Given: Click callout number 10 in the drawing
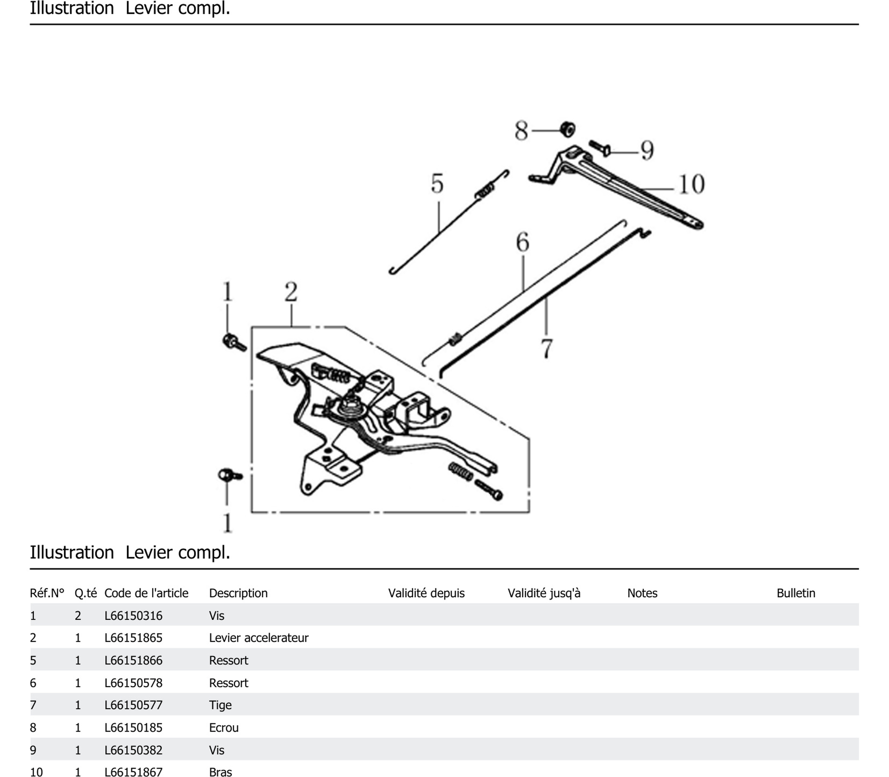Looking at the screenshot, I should click(x=691, y=184).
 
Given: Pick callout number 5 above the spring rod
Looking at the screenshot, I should click(x=437, y=183).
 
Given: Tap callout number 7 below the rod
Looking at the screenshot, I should click(x=547, y=348).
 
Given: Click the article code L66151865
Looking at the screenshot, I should click(x=133, y=638).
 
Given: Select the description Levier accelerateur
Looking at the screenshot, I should click(x=258, y=638).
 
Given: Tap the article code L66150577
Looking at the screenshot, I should click(x=133, y=705).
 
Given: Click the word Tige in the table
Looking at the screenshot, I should click(x=220, y=705).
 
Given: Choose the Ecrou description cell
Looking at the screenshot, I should click(x=224, y=727).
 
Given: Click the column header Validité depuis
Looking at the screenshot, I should click(x=426, y=593).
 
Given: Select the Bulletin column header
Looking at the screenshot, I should click(x=795, y=593).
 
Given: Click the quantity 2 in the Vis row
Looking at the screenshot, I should click(x=78, y=616).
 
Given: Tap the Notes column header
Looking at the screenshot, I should click(x=642, y=593).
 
